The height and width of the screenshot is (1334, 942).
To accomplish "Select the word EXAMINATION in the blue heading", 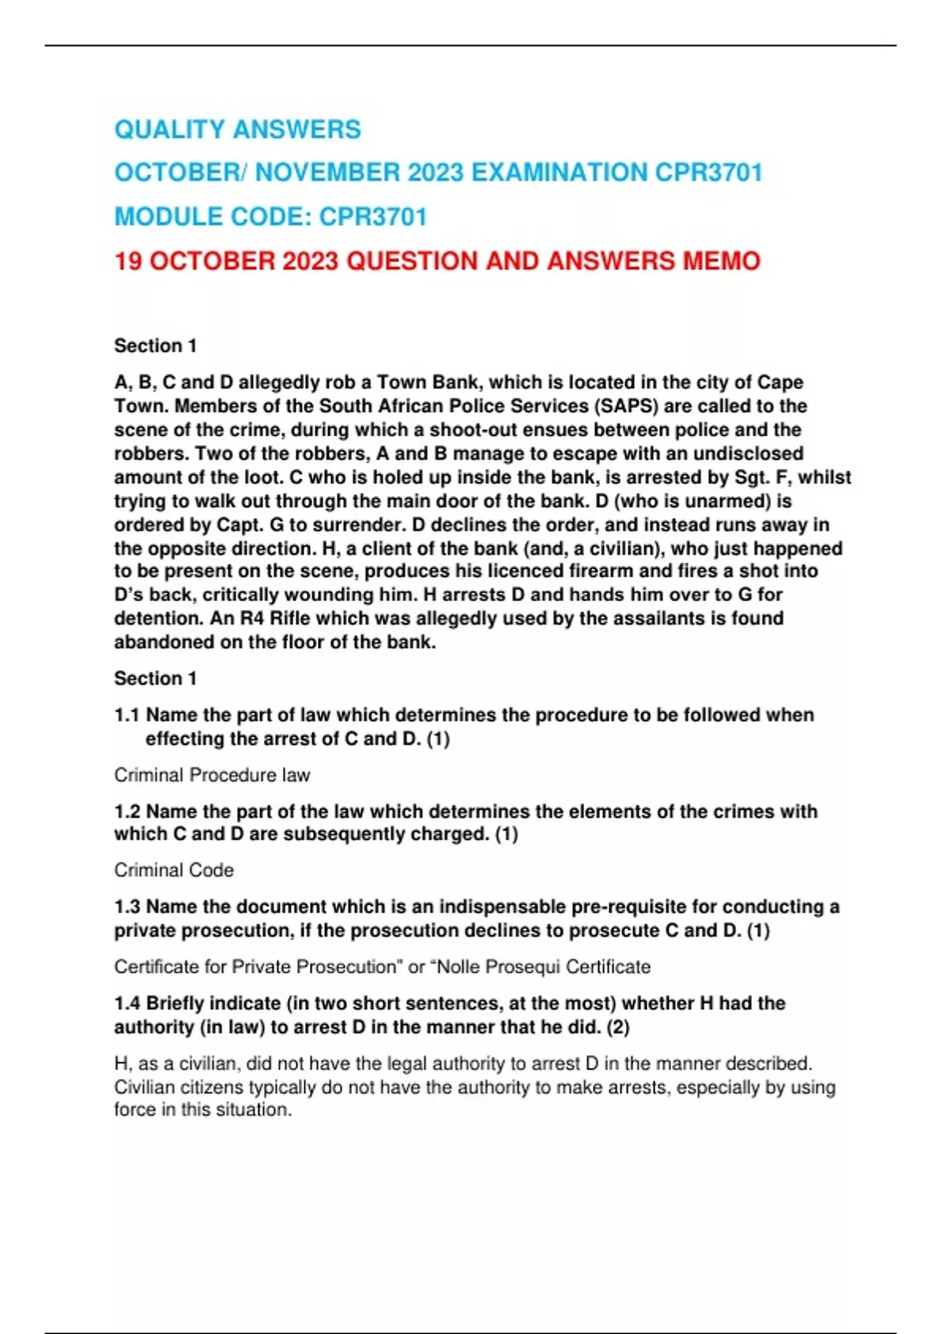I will (x=558, y=173).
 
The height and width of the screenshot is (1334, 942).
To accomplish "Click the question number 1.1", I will (x=126, y=715).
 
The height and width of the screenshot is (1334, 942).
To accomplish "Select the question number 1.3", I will (x=126, y=906).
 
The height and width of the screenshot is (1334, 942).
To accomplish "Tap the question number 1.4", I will (x=126, y=1003).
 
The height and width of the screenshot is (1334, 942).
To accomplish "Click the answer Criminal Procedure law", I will (x=212, y=775).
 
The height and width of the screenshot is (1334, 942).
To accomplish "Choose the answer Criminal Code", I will (x=173, y=870).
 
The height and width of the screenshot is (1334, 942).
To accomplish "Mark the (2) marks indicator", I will (x=618, y=1027).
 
